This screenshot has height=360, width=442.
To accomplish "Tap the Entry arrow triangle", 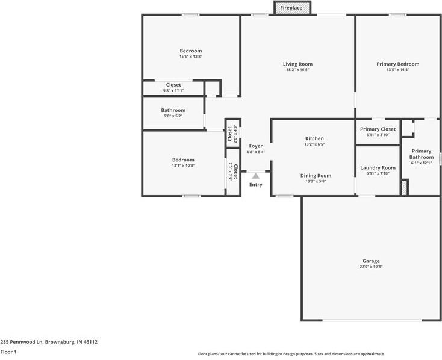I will [256, 176].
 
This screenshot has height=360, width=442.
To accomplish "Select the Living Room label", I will [297, 64].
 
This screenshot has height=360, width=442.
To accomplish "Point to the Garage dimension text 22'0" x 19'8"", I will [371, 267].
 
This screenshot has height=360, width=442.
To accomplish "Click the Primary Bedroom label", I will [397, 64].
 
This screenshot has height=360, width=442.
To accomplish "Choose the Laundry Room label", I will [378, 168].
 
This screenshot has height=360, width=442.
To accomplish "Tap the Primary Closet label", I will [378, 129].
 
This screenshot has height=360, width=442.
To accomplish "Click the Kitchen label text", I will [314, 139].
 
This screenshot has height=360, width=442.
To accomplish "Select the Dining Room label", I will [316, 176].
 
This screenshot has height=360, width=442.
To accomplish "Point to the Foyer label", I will [256, 146].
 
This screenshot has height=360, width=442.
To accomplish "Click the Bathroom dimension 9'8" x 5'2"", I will [173, 116].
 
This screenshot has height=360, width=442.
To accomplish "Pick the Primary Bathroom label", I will [422, 154].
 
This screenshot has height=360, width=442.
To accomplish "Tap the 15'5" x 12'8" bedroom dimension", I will [190, 57].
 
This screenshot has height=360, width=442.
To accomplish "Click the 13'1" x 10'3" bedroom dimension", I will [183, 166].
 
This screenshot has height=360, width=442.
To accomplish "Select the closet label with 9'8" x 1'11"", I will [173, 85].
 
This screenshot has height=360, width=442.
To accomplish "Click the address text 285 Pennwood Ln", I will [49, 341].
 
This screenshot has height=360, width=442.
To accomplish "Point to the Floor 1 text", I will [8, 352].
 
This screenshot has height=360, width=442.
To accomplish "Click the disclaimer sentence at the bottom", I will [291, 354].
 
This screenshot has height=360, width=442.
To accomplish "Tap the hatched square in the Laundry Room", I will [405, 187].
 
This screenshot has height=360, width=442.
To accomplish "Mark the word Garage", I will [371, 261].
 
